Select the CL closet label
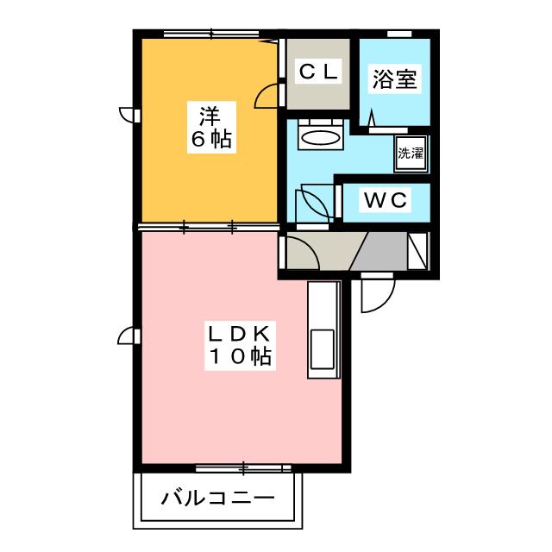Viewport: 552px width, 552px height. [319, 72]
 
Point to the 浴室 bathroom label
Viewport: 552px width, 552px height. [395, 79]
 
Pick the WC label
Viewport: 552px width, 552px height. [385, 200]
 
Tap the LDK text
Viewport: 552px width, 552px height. [239, 333]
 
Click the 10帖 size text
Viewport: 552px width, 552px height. [239, 356]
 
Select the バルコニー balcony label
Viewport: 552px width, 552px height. [217, 499]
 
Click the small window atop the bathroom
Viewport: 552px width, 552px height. [398, 34]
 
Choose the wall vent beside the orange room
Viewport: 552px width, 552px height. [127, 113]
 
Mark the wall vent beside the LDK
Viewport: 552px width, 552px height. [127, 336]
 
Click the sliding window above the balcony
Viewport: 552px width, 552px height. [245, 468]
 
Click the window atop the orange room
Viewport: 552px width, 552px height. [211, 34]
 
